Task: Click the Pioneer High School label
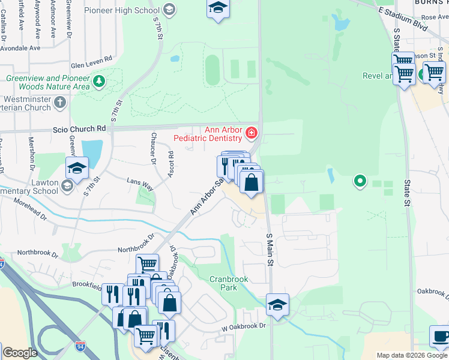click(x=122, y=10)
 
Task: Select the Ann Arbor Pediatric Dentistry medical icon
click(x=252, y=131)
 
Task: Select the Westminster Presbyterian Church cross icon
click(x=59, y=103)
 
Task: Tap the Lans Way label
click(x=140, y=184)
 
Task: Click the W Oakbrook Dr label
click(x=243, y=326)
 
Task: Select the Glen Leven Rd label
click(x=92, y=59)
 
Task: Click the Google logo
click(x=20, y=353)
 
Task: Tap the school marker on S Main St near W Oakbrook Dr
click(x=277, y=304)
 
